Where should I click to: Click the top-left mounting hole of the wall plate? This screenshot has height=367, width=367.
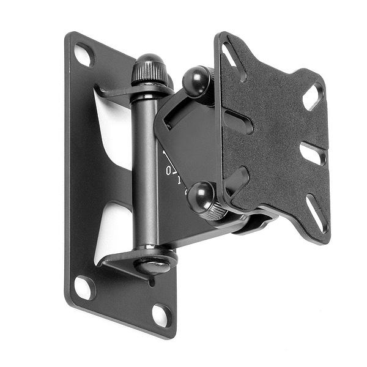tap(84, 56)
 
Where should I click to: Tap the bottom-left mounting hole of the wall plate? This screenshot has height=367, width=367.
tap(84, 286)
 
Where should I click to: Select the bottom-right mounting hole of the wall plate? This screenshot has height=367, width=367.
tap(161, 314)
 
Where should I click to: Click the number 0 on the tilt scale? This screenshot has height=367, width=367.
tap(169, 171)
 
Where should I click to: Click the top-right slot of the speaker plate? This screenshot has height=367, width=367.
tap(312, 97)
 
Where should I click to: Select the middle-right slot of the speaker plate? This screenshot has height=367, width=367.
tap(312, 154)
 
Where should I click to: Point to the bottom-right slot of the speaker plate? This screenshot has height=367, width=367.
tap(316, 212)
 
